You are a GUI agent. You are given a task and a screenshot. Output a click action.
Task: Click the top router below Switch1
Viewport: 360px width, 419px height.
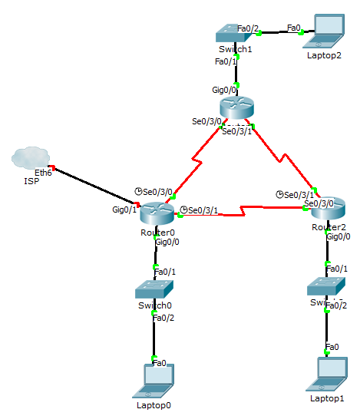coord(236,107)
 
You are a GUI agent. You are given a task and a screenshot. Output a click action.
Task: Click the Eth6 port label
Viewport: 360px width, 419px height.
coord(43,173)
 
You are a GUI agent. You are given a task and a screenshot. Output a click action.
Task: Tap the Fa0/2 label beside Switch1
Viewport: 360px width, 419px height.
coord(248,28)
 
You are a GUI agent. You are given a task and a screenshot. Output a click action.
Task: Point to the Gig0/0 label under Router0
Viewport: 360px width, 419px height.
coord(167,242)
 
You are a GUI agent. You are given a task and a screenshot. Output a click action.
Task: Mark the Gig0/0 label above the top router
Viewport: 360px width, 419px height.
coord(225,90)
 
